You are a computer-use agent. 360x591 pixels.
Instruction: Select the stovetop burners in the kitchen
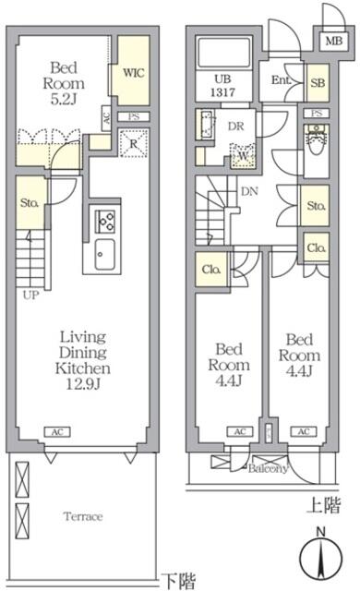(x=103, y=222)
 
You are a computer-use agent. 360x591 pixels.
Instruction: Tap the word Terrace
(x=83, y=516)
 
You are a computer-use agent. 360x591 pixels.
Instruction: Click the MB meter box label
(x=330, y=41)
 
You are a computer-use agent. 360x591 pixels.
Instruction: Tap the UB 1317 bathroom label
(x=221, y=86)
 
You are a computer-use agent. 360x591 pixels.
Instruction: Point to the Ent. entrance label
(x=282, y=81)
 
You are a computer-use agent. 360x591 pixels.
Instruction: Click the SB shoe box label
(x=317, y=82)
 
